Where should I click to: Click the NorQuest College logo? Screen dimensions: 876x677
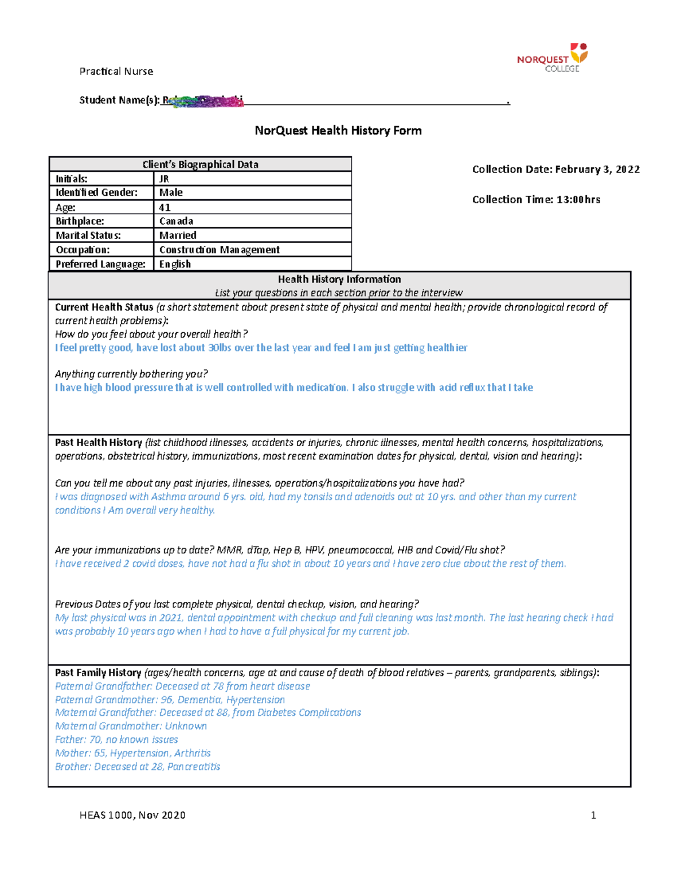[x=552, y=58]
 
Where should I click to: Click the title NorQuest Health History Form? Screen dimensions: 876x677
[x=338, y=131]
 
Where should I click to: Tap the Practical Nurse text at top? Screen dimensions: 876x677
[x=116, y=72]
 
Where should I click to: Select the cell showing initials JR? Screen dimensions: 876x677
[x=252, y=179]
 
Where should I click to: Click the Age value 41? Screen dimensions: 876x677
[x=252, y=208]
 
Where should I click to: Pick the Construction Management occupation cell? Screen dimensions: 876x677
[x=252, y=250]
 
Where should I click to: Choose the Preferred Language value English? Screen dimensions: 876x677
[x=252, y=264]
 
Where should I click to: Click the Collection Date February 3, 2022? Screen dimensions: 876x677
[x=556, y=169]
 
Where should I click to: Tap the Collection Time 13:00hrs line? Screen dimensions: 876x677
[x=536, y=200]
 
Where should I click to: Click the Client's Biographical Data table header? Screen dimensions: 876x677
[x=200, y=165]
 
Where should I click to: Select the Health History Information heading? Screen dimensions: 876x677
[x=339, y=279]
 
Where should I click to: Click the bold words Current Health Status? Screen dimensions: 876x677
[x=104, y=307]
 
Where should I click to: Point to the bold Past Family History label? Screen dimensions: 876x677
[x=98, y=673]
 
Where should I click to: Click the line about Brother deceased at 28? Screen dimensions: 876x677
[x=137, y=767]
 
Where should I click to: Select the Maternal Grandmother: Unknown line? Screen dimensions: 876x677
[x=130, y=726]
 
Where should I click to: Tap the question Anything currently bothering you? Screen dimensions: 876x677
[x=131, y=374]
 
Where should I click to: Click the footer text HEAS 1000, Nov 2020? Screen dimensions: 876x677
[x=132, y=815]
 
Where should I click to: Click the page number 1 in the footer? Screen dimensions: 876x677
[x=593, y=815]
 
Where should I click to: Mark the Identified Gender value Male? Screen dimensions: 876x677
[x=252, y=193]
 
